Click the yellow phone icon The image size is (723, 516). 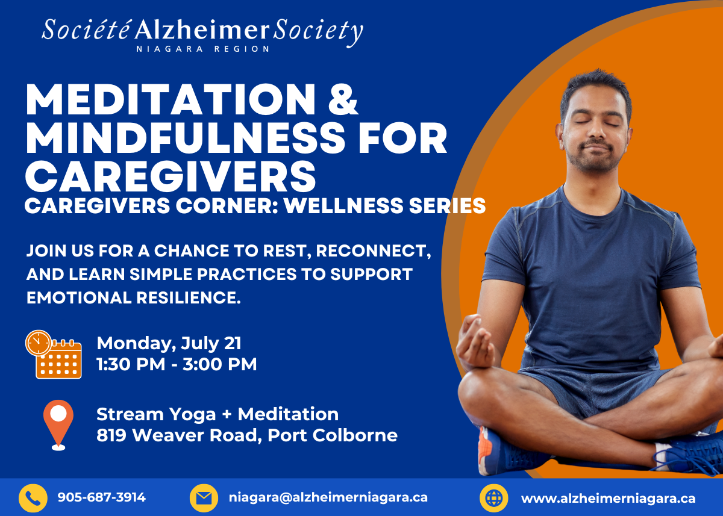(33, 498)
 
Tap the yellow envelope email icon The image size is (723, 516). (204, 498)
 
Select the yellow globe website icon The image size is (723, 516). (494, 498)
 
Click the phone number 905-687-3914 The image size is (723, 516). (102, 497)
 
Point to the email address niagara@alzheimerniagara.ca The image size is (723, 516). (328, 497)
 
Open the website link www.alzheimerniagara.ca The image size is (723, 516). (608, 499)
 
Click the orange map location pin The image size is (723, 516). (58, 425)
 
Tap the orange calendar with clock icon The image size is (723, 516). (54, 354)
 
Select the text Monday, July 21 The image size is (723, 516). (169, 343)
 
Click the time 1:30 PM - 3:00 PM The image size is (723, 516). (177, 364)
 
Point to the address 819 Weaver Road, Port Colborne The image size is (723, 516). (247, 435)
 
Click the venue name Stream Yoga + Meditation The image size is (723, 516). (218, 414)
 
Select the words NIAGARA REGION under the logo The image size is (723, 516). (202, 49)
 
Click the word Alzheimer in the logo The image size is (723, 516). (202, 30)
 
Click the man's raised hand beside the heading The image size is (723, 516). (475, 343)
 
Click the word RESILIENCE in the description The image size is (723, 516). (189, 297)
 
